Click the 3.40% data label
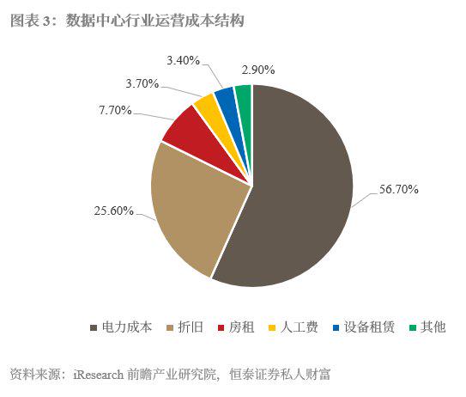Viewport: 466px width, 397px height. [x=183, y=60]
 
